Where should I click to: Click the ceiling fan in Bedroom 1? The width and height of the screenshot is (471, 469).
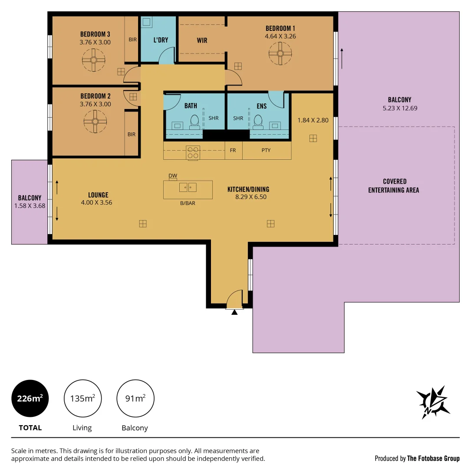(x=280, y=53)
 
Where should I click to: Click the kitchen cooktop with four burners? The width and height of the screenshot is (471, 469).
(x=193, y=153)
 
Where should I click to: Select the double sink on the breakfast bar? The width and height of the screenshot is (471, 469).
(x=188, y=188)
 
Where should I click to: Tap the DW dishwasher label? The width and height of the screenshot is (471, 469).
(x=173, y=176)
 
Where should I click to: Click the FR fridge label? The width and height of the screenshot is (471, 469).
(x=233, y=150)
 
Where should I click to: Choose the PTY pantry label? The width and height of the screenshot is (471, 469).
(x=266, y=150)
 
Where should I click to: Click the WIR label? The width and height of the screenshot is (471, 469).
(x=202, y=40)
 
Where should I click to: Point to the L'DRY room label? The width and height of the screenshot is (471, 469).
(x=161, y=40)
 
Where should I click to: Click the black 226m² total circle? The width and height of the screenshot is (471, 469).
(x=30, y=398)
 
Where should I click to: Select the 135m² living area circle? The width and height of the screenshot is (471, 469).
(x=82, y=398)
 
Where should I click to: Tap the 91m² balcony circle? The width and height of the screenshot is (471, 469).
(x=135, y=398)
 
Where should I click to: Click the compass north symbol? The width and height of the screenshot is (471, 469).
(x=433, y=402)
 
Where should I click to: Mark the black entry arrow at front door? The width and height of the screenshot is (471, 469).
(x=234, y=312)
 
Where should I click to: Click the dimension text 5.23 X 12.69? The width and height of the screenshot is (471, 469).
(x=400, y=108)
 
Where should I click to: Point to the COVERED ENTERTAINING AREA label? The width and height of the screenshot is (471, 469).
(x=394, y=185)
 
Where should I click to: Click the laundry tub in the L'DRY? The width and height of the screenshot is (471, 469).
(x=147, y=22)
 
